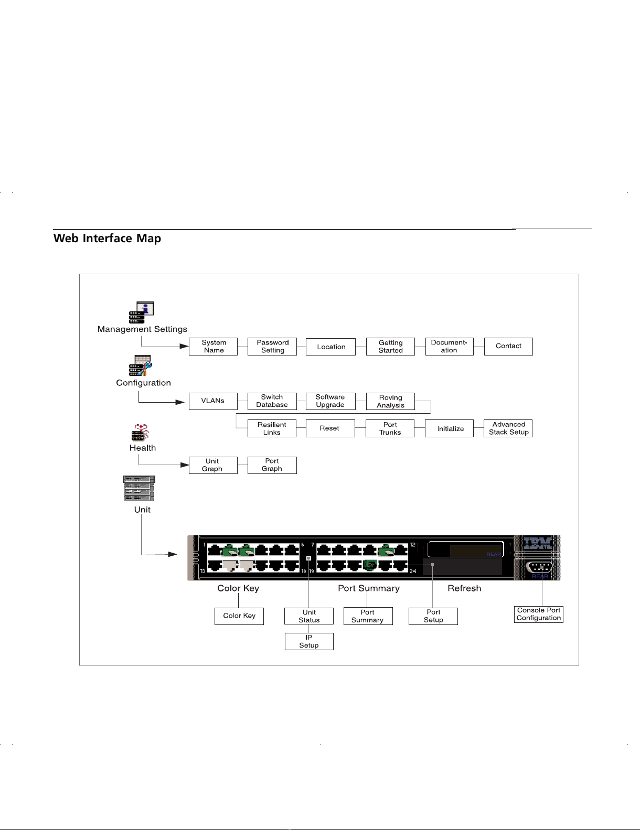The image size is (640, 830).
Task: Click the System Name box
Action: click(x=213, y=347)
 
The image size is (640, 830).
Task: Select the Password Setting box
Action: click(x=272, y=347)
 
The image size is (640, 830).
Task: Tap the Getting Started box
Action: click(x=390, y=347)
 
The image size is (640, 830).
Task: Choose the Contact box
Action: click(x=508, y=347)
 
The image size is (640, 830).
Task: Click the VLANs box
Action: click(x=213, y=401)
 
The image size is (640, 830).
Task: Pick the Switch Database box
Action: click(x=272, y=401)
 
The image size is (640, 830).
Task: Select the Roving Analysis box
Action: click(x=390, y=402)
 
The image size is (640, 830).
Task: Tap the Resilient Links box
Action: click(x=272, y=428)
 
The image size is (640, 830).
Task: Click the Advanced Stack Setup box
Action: click(x=508, y=428)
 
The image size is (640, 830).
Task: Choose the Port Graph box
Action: click(x=272, y=465)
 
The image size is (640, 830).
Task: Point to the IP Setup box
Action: click(x=309, y=641)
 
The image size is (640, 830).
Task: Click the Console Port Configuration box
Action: click(x=538, y=614)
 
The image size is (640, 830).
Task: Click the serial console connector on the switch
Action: click(x=538, y=568)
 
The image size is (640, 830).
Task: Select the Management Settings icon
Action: click(x=142, y=312)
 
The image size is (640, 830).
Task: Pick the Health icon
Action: click(x=140, y=433)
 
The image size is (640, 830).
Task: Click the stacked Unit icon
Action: click(x=139, y=488)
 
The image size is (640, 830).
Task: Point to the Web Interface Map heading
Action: click(x=108, y=239)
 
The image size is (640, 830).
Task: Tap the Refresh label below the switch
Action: click(x=464, y=588)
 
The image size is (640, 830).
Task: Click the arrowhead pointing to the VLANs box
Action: click(x=180, y=402)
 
